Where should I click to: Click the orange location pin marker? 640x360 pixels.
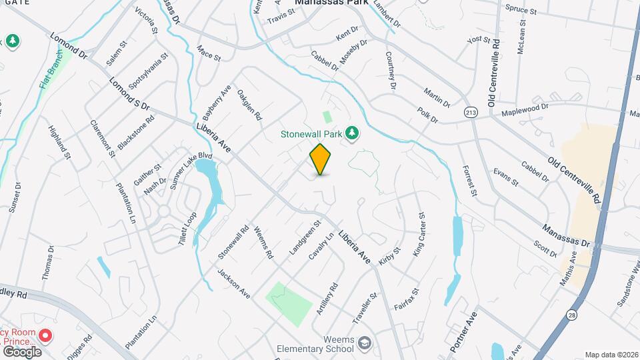(320, 159)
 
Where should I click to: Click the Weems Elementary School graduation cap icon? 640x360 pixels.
(364, 343)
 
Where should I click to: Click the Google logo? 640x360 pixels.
(21, 351)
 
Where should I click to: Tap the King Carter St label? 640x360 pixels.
(419, 235)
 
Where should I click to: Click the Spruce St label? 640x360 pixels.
(521, 11)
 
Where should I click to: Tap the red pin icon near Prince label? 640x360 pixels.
(45, 335)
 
